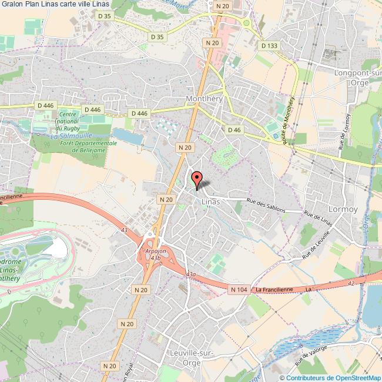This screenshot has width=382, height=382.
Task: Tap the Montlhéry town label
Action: click(x=204, y=99)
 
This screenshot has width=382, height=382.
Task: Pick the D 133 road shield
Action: click(x=269, y=45)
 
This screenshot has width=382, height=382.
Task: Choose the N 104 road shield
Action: click(x=239, y=289)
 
